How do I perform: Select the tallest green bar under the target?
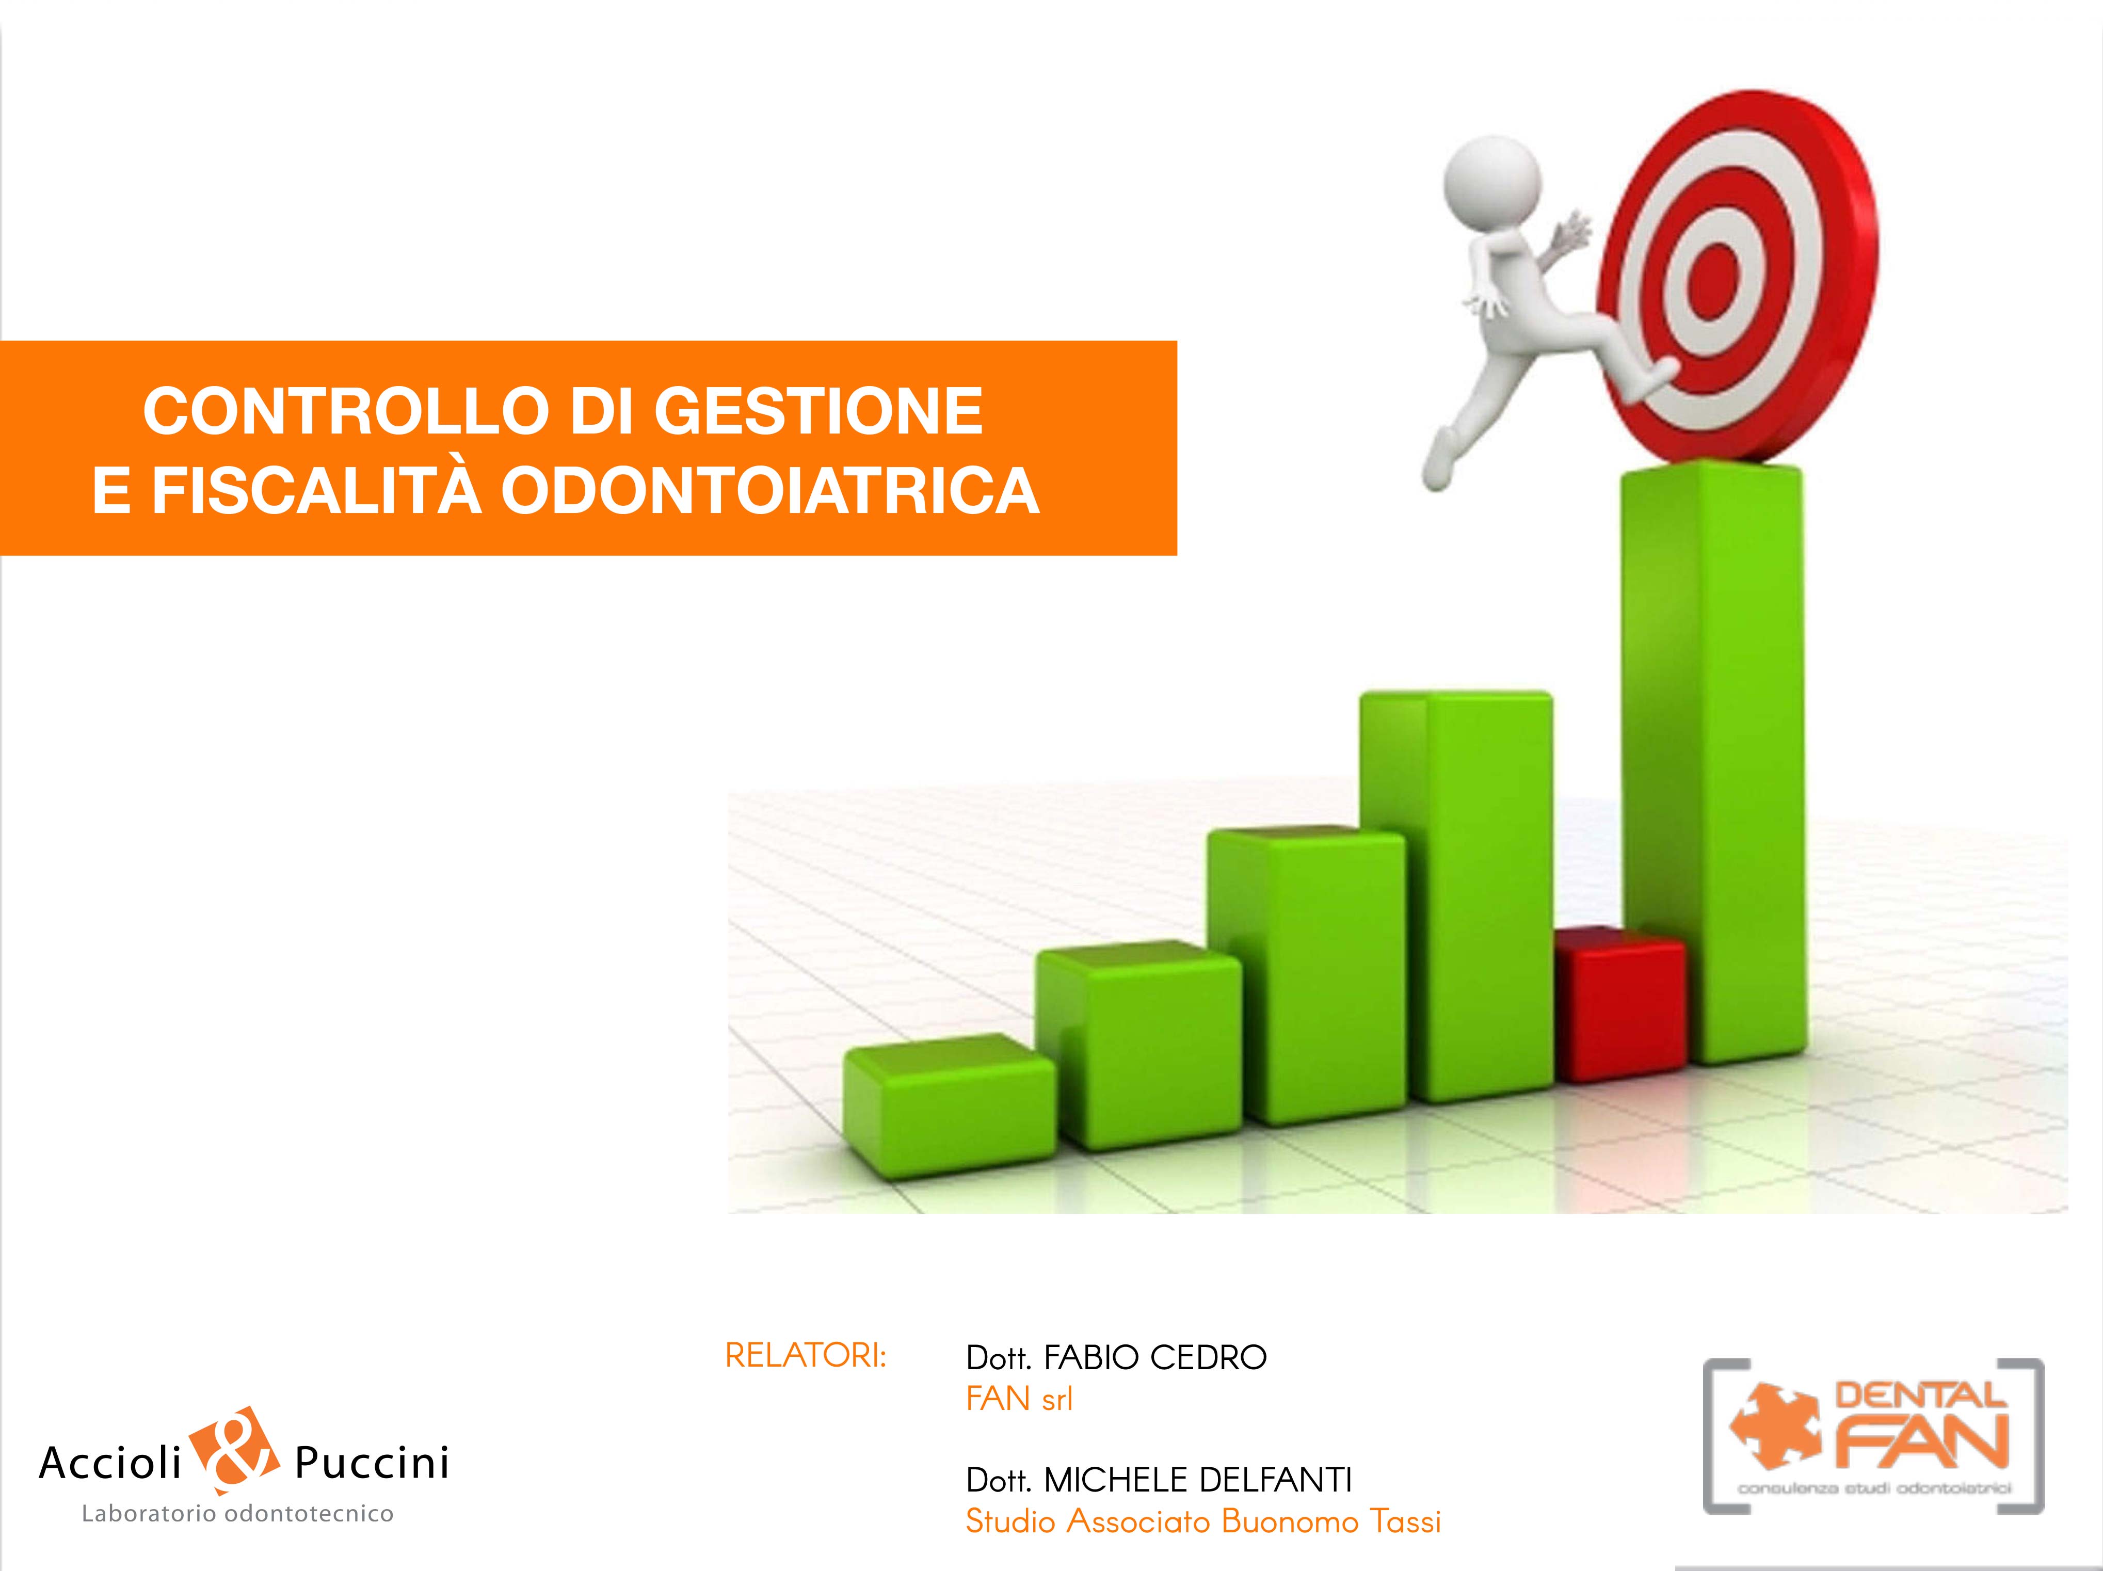tap(1711, 761)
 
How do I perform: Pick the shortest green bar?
tap(949, 1108)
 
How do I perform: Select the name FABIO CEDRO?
tap(1155, 1358)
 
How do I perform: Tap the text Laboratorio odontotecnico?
tap(238, 1514)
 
